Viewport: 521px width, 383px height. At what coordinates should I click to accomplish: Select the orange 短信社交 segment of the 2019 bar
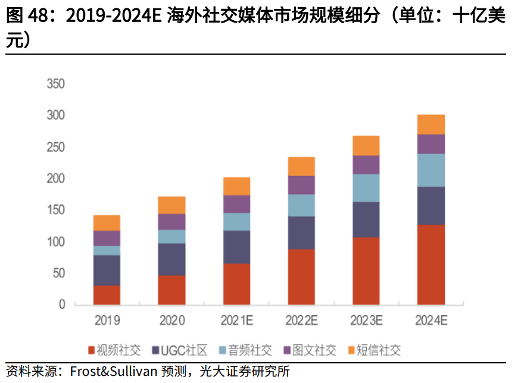[x=107, y=223]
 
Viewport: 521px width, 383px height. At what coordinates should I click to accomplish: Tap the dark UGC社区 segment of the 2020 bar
[x=171, y=259]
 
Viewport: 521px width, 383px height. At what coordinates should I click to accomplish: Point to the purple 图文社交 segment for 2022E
[x=301, y=185]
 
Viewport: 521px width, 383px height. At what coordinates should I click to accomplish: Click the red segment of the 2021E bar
[x=236, y=284]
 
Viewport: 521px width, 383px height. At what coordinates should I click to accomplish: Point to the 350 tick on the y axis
[x=55, y=83]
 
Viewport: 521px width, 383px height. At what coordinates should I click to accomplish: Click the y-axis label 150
[x=55, y=210]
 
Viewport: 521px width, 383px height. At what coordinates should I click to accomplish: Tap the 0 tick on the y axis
[x=62, y=304]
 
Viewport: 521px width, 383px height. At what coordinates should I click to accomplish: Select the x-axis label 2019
[x=107, y=321]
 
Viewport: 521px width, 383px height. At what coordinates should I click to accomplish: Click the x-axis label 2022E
[x=301, y=321]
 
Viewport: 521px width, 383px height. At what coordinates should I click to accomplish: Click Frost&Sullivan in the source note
[x=113, y=372]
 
